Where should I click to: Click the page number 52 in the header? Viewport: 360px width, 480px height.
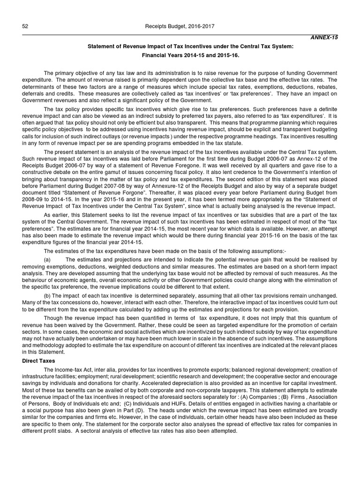pos(25,27)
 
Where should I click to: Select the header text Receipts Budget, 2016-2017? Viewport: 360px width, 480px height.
pos(180,27)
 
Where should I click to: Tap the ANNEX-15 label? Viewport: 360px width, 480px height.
pos(326,37)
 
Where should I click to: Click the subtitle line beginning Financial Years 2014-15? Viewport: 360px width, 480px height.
pos(180,55)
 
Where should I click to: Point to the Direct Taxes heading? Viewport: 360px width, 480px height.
pos(39,361)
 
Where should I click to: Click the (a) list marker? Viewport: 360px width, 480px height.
pos(47,259)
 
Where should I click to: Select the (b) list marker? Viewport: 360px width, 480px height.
pos(47,296)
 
